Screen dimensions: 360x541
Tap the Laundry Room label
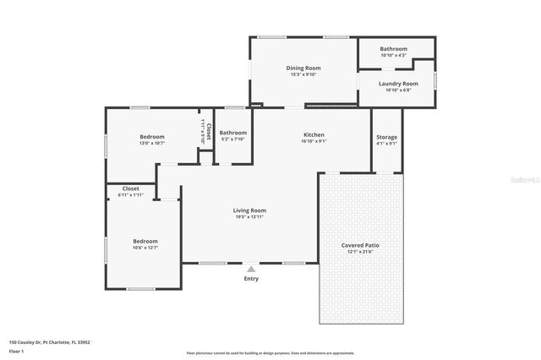397,84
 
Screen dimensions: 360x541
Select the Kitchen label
314,134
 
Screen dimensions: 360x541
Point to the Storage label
386,137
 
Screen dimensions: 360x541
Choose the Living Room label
249,210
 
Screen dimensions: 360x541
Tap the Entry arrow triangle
251,269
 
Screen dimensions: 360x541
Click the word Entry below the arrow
251,279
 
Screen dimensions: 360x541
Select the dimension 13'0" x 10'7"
152,143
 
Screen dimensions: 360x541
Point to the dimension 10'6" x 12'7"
145,248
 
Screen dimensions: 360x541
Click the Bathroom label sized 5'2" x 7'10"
232,133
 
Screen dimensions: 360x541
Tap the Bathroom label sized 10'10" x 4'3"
393,49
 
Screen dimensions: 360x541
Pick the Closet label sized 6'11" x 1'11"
131,188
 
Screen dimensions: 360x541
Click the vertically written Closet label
208,130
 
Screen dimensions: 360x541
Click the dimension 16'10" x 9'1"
314,141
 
